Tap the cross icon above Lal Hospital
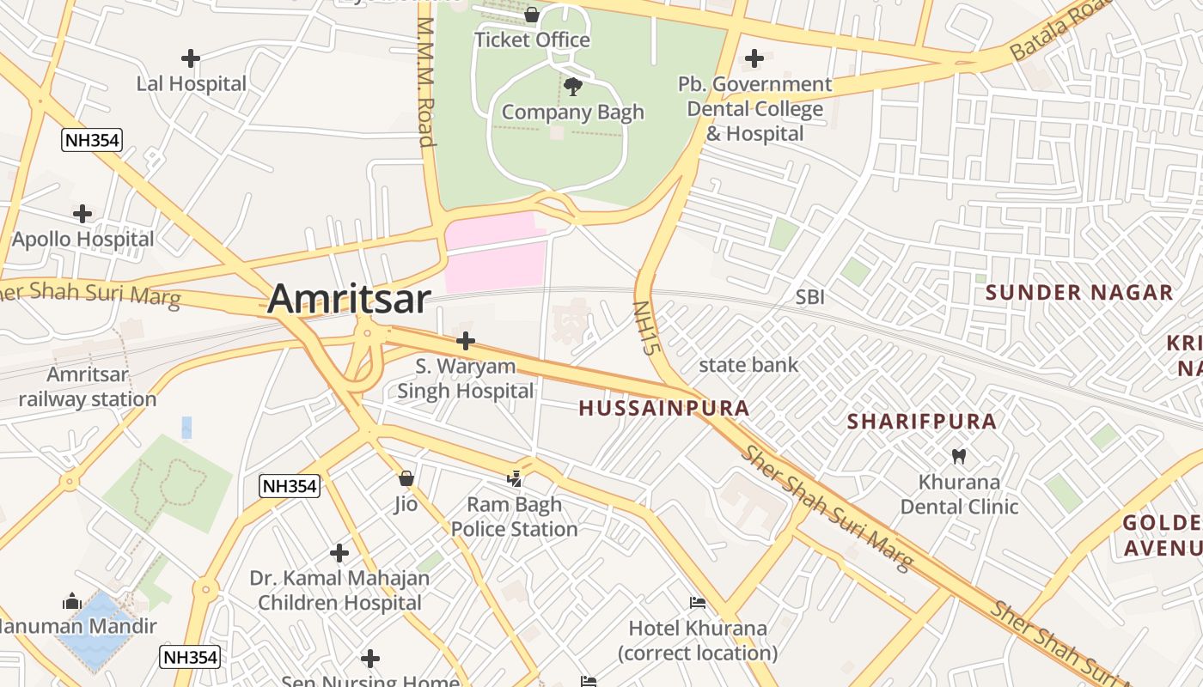pyautogui.click(x=191, y=58)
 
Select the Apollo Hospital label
pyautogui.click(x=83, y=239)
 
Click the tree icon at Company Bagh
pyautogui.click(x=572, y=86)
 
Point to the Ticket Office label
pyautogui.click(x=532, y=40)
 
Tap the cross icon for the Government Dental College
pyautogui.click(x=754, y=58)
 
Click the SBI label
pyautogui.click(x=809, y=297)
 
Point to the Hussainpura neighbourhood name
pyautogui.click(x=664, y=408)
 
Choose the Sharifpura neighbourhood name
pyautogui.click(x=922, y=422)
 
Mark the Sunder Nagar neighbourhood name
pyautogui.click(x=1078, y=293)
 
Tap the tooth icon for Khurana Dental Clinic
pyautogui.click(x=959, y=456)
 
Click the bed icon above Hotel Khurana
pyautogui.click(x=698, y=603)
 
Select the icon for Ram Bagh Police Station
pyautogui.click(x=515, y=478)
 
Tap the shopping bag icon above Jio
pyautogui.click(x=406, y=477)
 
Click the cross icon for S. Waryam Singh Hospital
pyautogui.click(x=466, y=341)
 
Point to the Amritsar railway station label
pyautogui.click(x=88, y=386)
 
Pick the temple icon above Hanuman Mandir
pyautogui.click(x=72, y=601)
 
